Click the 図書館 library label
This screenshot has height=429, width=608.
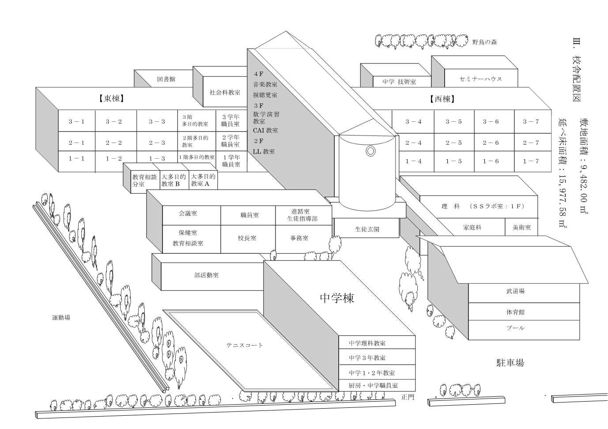click(166, 79)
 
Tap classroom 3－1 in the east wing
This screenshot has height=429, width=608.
click(76, 121)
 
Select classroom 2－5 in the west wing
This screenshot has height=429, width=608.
click(454, 143)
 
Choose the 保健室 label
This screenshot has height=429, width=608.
click(188, 233)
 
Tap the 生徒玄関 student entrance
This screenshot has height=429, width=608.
click(367, 229)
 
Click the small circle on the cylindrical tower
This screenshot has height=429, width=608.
click(370, 151)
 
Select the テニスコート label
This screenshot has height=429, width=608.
click(245, 345)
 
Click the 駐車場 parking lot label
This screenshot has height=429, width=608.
click(510, 363)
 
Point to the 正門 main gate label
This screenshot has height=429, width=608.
click(408, 397)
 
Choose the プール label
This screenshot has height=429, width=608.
click(515, 328)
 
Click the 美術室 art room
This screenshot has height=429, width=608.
click(521, 227)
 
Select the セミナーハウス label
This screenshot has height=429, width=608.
click(481, 79)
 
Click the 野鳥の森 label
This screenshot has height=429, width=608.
click(485, 42)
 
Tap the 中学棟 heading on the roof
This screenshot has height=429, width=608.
click(337, 298)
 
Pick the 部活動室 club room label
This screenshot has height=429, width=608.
click(207, 275)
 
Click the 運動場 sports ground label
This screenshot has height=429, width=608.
click(61, 317)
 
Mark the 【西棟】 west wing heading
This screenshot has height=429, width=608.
click(443, 99)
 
